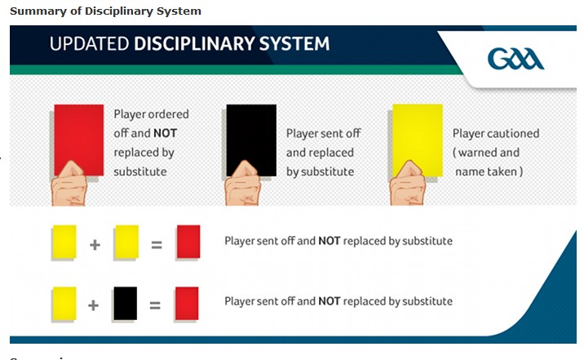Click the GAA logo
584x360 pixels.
click(515, 59)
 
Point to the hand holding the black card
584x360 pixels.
click(242, 184)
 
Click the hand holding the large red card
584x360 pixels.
click(69, 184)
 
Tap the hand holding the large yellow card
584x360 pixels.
click(408, 184)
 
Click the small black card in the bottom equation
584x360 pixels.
click(125, 304)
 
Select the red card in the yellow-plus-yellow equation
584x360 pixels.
click(188, 242)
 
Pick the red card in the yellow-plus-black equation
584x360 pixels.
click(187, 304)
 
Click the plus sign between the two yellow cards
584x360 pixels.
click(95, 245)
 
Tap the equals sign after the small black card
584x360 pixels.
click(155, 305)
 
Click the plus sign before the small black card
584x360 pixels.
click(93, 305)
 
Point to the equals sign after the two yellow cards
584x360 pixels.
click(157, 245)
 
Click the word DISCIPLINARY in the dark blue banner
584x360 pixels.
click(194, 43)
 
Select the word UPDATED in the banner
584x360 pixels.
click(90, 43)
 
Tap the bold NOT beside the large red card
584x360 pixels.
click(165, 133)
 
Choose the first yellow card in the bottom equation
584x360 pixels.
click(64, 304)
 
